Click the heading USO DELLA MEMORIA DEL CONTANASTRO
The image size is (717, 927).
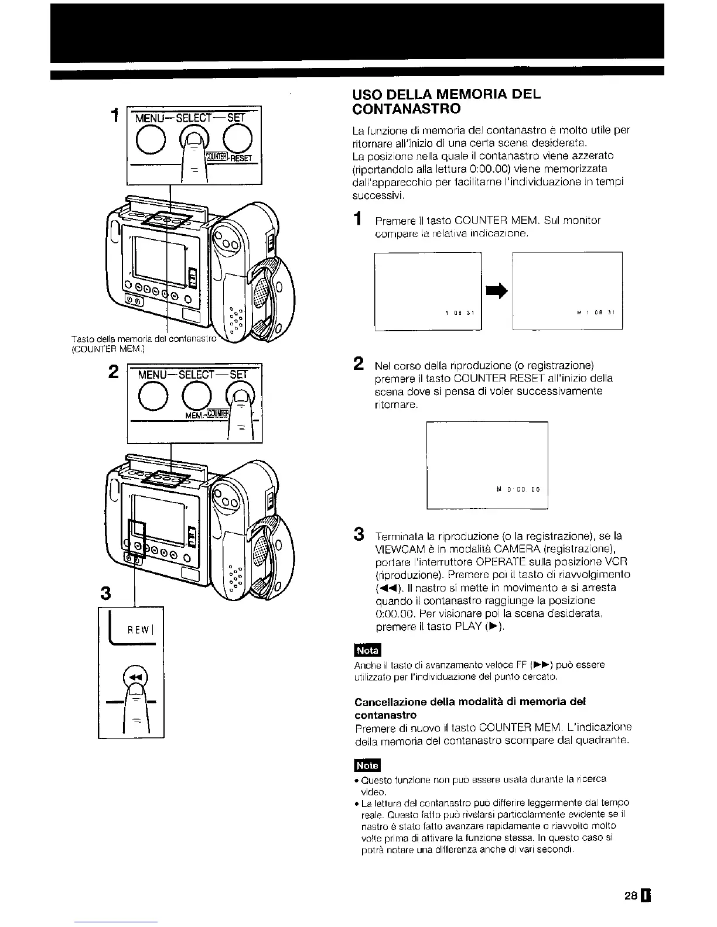445,101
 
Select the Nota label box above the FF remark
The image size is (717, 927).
367,651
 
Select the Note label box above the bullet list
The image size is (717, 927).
367,765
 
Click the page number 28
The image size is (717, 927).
630,896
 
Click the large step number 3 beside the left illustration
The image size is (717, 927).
106,593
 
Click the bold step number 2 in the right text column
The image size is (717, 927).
358,363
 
